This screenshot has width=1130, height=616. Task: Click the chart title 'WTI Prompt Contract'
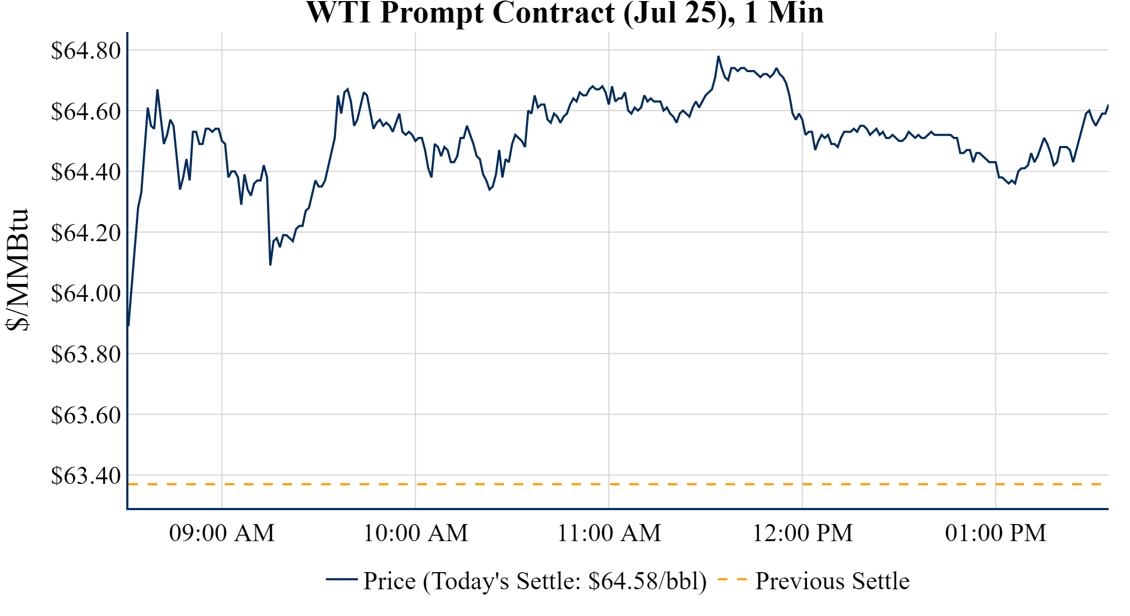point(564,13)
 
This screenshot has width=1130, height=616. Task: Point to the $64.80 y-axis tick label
point(86,51)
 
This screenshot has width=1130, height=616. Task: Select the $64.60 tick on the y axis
point(86,112)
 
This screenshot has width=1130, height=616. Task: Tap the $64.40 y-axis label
point(86,172)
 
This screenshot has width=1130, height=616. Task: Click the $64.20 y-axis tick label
point(86,233)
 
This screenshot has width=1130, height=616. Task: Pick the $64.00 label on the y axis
point(86,294)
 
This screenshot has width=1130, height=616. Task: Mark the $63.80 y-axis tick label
point(86,355)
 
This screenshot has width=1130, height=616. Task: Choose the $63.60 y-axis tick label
point(86,415)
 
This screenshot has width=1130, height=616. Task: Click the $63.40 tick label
point(86,476)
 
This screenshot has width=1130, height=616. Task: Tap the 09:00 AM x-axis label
point(222,533)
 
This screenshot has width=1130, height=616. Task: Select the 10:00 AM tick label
point(416,533)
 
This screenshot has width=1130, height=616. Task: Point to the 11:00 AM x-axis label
point(609,533)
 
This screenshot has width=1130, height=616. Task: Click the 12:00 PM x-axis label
point(803,533)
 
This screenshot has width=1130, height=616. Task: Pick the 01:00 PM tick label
point(996,533)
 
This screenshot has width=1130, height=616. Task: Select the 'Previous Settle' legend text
point(832,581)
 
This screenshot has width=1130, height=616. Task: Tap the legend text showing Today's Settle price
point(535,581)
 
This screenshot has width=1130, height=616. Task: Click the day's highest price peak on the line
point(719,56)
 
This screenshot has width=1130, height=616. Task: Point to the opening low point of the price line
point(129,325)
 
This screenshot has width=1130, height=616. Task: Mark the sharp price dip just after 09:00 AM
point(270,265)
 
